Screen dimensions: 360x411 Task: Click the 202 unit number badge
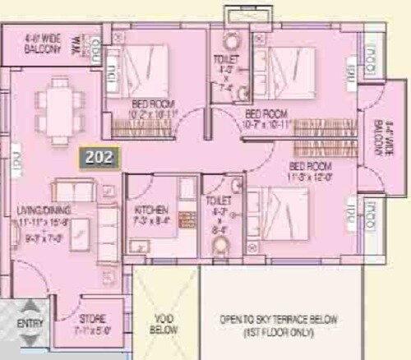[99, 155]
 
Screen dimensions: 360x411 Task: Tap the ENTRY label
[30, 324]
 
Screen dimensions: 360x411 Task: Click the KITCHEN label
[151, 210]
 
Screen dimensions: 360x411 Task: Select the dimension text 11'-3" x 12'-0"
[311, 174]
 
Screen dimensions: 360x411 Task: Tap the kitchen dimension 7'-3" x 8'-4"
[151, 220]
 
